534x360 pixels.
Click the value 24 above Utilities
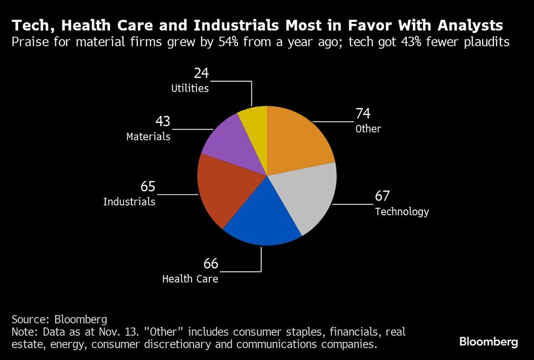[201, 73]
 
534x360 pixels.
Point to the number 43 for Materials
[163, 121]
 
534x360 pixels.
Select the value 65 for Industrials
[148, 187]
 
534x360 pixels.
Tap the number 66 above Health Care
[211, 263]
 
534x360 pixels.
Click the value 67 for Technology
[383, 196]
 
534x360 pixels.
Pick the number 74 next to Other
[363, 113]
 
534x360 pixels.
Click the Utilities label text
[190, 89]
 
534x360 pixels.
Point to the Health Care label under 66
[190, 279]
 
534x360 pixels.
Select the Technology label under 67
[402, 212]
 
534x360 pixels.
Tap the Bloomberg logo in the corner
[489, 342]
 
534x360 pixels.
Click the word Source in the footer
[30, 319]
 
